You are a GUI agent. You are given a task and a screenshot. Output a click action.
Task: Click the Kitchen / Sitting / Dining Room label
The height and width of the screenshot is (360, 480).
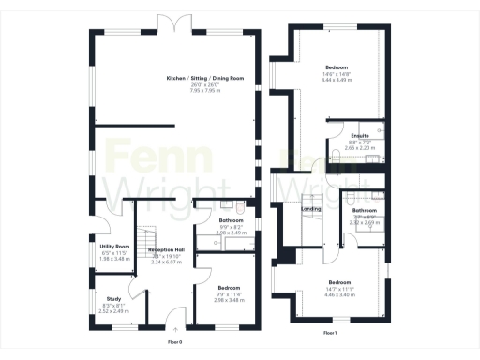click(204, 78)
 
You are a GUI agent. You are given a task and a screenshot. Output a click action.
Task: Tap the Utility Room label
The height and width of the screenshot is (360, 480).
click(115, 247)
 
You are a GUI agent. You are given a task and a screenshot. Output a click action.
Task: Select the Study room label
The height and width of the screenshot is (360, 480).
click(113, 298)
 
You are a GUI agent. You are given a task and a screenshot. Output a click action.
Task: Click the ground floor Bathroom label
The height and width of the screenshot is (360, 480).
click(217, 220)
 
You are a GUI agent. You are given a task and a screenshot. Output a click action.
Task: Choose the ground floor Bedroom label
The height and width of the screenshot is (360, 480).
click(229, 288)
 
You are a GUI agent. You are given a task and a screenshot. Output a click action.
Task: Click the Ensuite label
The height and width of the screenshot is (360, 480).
click(359, 136)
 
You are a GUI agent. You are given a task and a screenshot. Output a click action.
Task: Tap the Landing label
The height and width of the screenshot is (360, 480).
click(312, 209)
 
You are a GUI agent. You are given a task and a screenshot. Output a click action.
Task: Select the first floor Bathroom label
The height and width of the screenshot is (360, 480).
click(364, 211)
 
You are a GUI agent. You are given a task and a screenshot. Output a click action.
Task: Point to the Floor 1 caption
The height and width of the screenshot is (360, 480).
click(329, 333)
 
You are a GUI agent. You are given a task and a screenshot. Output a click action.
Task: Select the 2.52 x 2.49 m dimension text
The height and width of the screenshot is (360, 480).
click(114, 310)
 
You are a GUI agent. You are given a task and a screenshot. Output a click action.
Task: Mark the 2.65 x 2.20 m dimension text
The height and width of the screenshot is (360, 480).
click(359, 148)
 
